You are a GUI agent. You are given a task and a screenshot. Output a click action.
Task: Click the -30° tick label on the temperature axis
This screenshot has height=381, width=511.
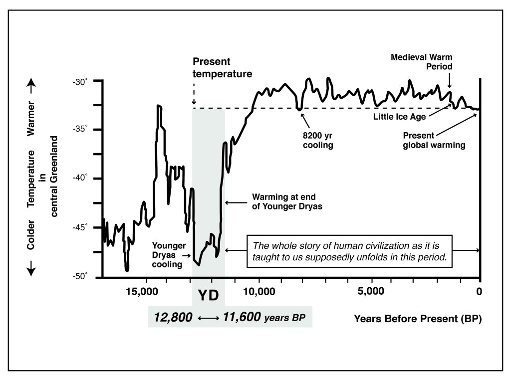80,81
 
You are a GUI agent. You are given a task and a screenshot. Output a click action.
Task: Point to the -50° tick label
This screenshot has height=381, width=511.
80,276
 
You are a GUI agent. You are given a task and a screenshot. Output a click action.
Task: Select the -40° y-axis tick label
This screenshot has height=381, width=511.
80,179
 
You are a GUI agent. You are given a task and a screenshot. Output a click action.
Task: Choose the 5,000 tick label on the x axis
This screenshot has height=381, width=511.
371,291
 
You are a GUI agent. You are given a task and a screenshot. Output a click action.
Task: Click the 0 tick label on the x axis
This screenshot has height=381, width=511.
480,291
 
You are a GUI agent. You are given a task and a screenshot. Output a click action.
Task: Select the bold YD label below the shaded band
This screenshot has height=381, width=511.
208,296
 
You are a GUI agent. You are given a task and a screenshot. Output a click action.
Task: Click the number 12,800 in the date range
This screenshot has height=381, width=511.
172,317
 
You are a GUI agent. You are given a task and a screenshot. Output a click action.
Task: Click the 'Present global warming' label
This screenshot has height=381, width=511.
434,140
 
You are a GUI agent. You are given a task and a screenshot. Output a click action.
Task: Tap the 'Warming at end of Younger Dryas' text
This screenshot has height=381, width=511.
280,202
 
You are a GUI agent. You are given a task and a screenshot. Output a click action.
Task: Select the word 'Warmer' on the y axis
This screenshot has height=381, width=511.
31,120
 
